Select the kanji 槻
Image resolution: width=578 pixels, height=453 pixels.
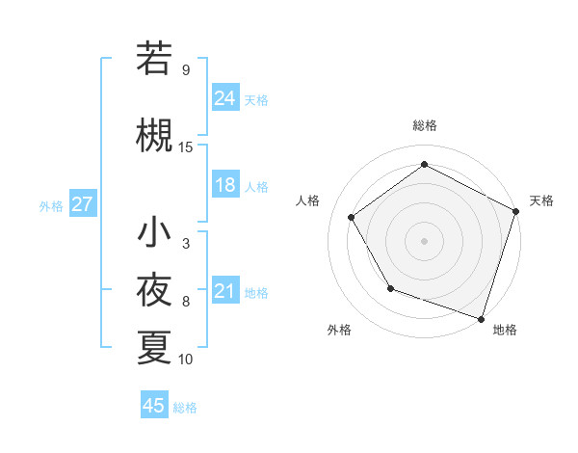coord(154,135)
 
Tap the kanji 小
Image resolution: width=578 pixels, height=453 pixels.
coord(154,232)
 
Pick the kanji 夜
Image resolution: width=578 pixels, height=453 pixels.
coord(154,289)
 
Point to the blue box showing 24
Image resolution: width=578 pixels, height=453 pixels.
coord(225,97)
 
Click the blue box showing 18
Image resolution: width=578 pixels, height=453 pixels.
coord(225,185)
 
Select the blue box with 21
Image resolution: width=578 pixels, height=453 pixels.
coord(225,291)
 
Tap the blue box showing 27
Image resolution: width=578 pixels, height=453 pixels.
coord(82,204)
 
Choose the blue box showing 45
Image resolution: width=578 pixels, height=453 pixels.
coord(154,406)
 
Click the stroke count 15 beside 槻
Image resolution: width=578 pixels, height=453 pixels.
coord(186,147)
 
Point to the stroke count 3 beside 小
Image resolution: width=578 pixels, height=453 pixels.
coord(186,244)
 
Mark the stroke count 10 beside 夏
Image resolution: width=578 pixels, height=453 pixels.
coord(186,360)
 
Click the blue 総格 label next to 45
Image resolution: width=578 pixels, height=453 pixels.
coord(185,408)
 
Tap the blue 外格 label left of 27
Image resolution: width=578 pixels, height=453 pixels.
coord(51,205)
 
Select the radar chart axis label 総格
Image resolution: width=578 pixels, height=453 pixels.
coord(425,125)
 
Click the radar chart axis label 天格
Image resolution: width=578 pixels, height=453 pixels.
coord(541,200)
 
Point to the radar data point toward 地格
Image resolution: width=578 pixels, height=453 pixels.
coord(482,317)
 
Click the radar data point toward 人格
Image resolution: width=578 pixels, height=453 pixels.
coord(352,217)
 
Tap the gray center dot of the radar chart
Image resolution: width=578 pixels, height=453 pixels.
coord(425,240)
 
